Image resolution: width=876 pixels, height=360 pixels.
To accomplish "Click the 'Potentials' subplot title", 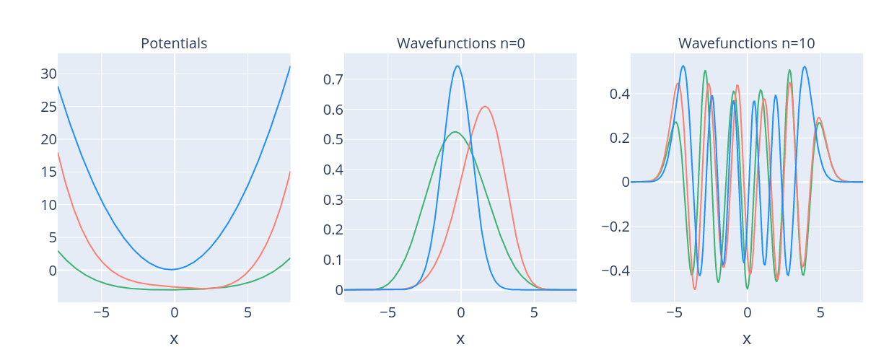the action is [x=174, y=43].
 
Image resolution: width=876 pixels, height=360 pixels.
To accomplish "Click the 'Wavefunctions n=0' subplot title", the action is [x=460, y=43].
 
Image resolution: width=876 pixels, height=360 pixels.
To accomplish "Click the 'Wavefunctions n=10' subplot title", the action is [x=747, y=43].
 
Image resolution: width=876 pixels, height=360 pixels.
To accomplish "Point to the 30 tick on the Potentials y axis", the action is [x=49, y=74].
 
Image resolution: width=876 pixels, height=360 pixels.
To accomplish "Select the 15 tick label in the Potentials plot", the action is [x=49, y=172].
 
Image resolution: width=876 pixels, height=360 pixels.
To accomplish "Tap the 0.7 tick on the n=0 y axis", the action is [x=333, y=79].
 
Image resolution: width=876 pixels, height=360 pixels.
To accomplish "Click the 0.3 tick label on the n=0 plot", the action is [x=333, y=200].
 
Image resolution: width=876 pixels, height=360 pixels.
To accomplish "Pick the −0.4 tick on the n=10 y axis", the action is [x=616, y=270].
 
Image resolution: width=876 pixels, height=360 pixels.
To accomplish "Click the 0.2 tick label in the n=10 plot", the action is [x=620, y=138].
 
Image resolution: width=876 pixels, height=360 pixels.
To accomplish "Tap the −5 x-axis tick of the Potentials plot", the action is [x=101, y=312].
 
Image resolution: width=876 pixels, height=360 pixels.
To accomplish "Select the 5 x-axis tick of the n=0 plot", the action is [x=534, y=312].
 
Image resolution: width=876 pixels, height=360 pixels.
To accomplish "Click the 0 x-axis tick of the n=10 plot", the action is [x=748, y=312].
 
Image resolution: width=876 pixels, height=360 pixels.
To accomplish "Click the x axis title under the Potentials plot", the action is [x=174, y=339].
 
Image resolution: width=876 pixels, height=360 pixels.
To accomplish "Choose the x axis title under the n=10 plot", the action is [x=747, y=339].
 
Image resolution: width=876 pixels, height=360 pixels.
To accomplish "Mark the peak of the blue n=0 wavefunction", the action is [x=457, y=66].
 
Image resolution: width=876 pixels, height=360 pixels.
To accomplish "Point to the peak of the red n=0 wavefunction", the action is [x=485, y=106].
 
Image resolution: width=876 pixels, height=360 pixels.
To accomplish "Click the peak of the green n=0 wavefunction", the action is [x=455, y=132].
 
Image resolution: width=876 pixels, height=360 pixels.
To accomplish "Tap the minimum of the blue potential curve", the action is [x=172, y=269].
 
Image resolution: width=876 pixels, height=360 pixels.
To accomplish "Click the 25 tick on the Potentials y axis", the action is [x=49, y=107].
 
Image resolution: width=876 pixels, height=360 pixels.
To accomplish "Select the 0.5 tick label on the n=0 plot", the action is [x=333, y=139].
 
